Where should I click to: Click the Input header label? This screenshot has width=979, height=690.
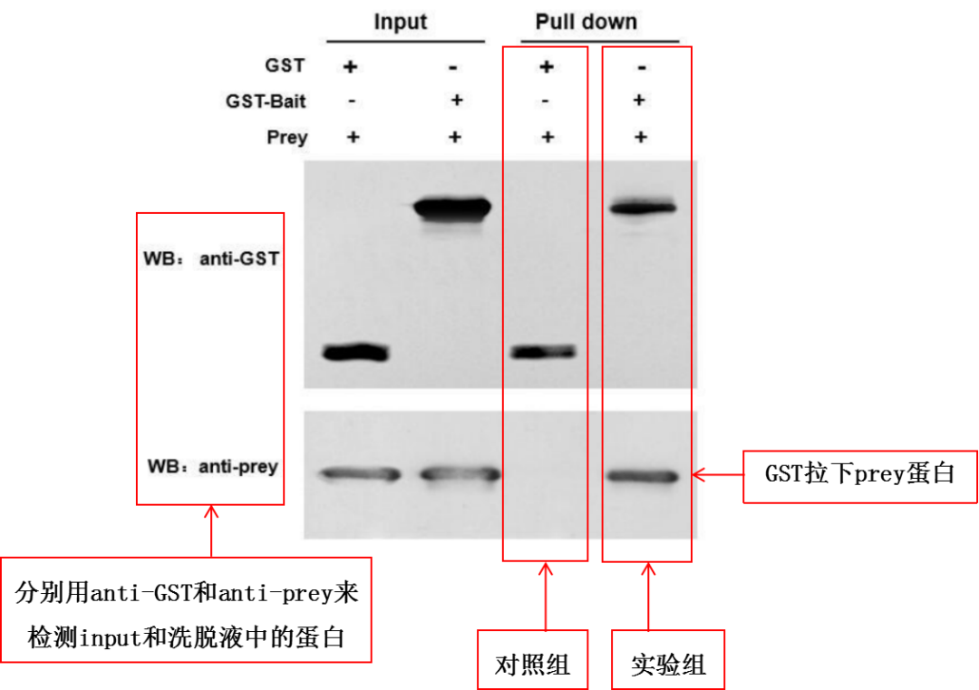(x=400, y=22)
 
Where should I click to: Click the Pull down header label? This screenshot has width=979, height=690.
(x=586, y=22)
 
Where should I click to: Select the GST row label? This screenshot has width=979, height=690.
(x=285, y=66)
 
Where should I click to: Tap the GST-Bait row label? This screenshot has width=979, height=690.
(x=266, y=102)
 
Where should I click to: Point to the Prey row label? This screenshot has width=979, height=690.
(x=286, y=138)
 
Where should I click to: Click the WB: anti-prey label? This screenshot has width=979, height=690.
(x=212, y=468)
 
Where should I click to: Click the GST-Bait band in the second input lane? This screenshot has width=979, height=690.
(x=452, y=209)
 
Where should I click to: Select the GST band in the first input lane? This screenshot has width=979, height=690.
(x=356, y=353)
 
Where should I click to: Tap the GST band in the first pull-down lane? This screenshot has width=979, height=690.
(x=544, y=352)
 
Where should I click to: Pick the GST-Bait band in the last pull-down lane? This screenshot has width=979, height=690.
(x=643, y=209)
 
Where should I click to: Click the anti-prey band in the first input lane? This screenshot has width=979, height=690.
(x=360, y=473)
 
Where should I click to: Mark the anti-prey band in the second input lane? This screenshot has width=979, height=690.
(x=460, y=473)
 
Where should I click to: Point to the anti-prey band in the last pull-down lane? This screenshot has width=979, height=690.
(x=643, y=476)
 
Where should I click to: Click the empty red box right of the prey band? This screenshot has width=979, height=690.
(x=859, y=476)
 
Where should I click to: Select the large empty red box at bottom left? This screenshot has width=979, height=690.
(x=186, y=609)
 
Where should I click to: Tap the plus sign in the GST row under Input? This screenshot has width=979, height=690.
(x=351, y=67)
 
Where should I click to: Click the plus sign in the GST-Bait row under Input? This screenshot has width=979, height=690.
(x=456, y=101)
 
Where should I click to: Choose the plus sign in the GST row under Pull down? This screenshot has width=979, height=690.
(x=546, y=67)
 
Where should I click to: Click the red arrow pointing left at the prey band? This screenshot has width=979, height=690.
(x=716, y=474)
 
